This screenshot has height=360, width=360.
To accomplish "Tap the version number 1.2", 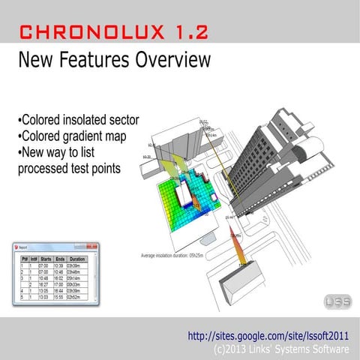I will click(x=183, y=31).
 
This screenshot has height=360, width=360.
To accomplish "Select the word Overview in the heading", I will click(x=160, y=60).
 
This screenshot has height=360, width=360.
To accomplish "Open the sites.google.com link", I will click(x=269, y=334).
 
